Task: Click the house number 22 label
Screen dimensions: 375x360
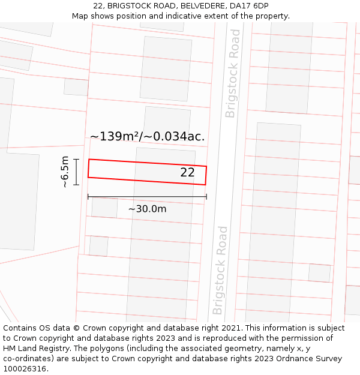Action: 187,173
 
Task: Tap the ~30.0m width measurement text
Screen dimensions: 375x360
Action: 147,209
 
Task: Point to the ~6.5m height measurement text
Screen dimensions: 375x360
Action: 65,172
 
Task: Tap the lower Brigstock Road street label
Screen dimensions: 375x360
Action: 220,270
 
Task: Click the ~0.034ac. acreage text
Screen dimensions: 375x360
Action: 179,137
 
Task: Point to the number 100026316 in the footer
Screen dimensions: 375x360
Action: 25,369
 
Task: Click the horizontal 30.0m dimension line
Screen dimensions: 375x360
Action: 147,196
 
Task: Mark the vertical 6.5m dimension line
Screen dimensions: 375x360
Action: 77,172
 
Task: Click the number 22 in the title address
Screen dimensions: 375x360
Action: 98,6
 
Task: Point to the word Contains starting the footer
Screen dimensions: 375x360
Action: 21,328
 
